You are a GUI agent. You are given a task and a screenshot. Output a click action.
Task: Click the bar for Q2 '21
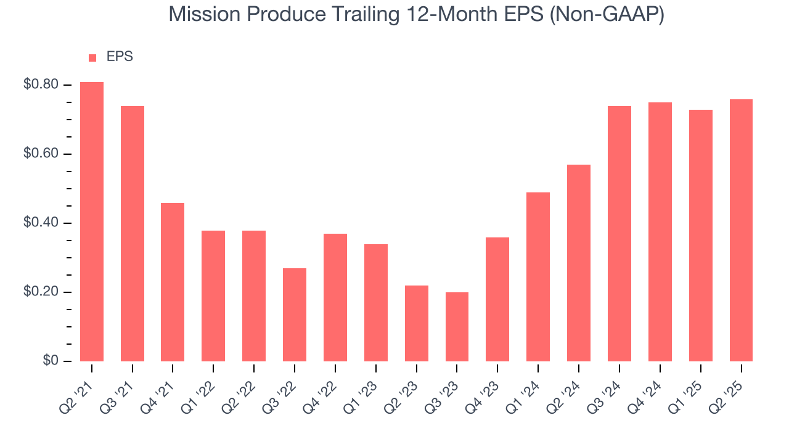coord(92,221)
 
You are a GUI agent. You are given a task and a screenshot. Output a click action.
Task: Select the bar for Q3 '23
coord(457,327)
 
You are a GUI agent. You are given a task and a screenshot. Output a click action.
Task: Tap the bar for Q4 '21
coord(173,282)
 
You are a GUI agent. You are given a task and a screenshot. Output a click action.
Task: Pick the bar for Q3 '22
coord(295,314)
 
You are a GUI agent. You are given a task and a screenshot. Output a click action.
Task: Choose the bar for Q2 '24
coord(579,263)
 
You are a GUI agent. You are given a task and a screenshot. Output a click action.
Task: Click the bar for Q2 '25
coord(741,230)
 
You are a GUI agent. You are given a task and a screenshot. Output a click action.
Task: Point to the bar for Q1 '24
coord(538,277)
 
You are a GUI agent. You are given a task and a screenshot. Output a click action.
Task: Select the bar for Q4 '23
coord(497,299)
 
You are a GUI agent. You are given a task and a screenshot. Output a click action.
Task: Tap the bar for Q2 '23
coord(417,323)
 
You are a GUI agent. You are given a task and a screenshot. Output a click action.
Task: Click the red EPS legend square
coord(92,58)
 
